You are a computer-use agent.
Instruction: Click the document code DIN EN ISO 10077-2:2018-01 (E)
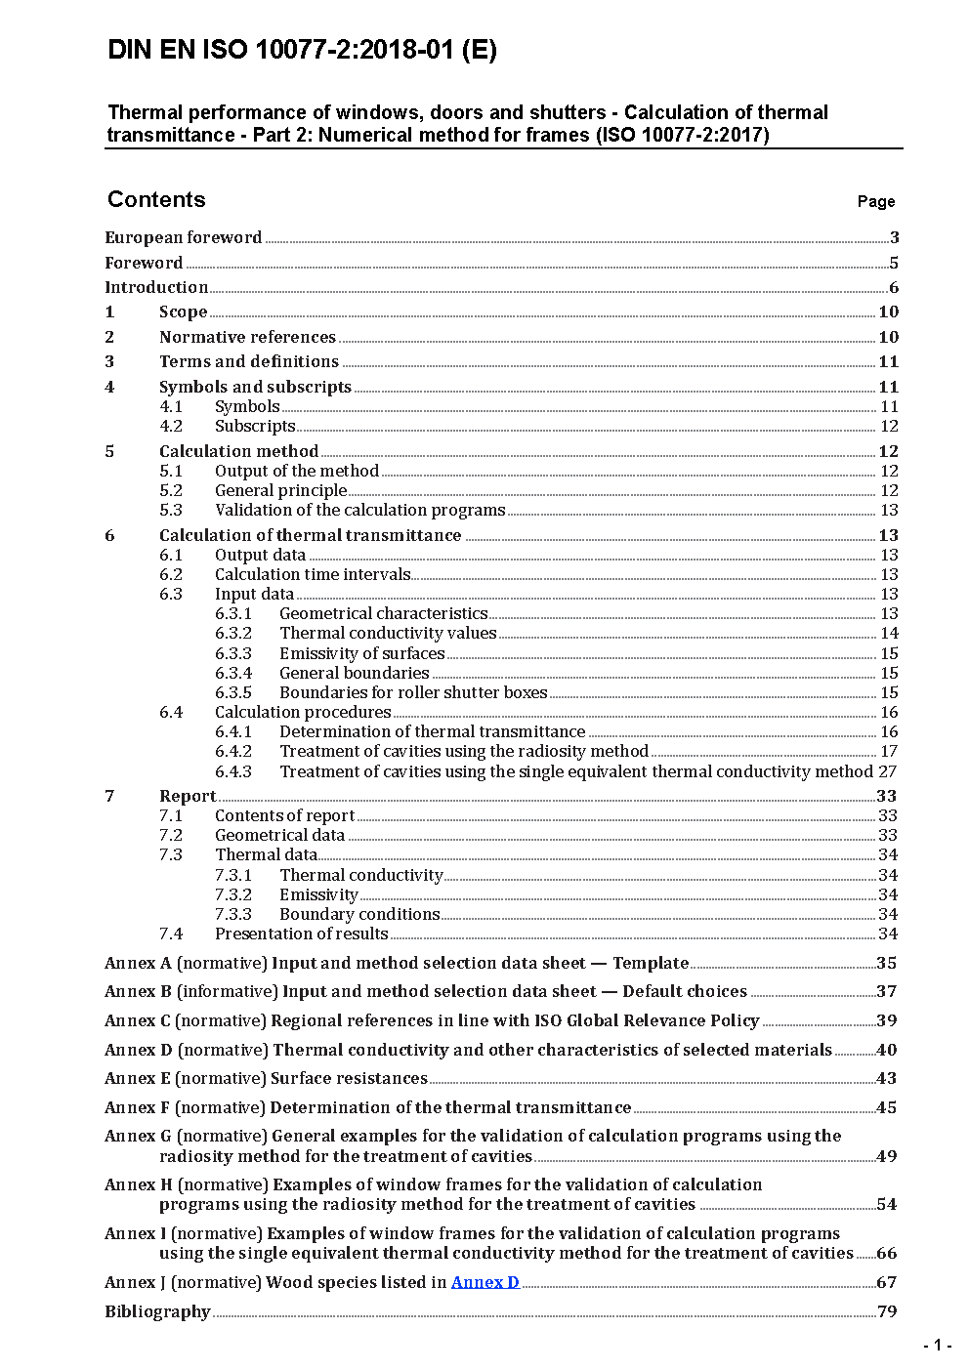(302, 51)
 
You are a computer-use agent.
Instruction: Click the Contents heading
(156, 199)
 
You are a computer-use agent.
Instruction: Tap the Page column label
(875, 201)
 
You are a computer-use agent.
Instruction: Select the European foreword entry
(184, 237)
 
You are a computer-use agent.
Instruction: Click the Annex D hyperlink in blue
(484, 1282)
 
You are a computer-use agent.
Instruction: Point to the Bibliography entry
(157, 1311)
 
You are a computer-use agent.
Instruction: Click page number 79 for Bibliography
(887, 1311)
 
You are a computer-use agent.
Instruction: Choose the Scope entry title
(184, 311)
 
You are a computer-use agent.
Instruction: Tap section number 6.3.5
(233, 692)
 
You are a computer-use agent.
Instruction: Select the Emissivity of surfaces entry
(361, 653)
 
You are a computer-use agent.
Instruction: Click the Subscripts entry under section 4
(255, 426)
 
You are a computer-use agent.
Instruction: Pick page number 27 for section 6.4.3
(887, 771)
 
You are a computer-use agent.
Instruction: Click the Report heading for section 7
(188, 796)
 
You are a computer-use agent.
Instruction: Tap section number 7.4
(171, 934)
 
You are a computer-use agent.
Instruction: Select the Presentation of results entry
(301, 934)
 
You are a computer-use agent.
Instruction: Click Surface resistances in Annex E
(349, 1078)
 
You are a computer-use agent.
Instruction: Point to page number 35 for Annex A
(886, 963)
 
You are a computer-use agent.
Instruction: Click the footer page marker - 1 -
(937, 1346)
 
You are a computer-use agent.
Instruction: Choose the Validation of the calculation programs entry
(359, 510)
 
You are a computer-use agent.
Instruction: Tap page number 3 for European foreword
(894, 237)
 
